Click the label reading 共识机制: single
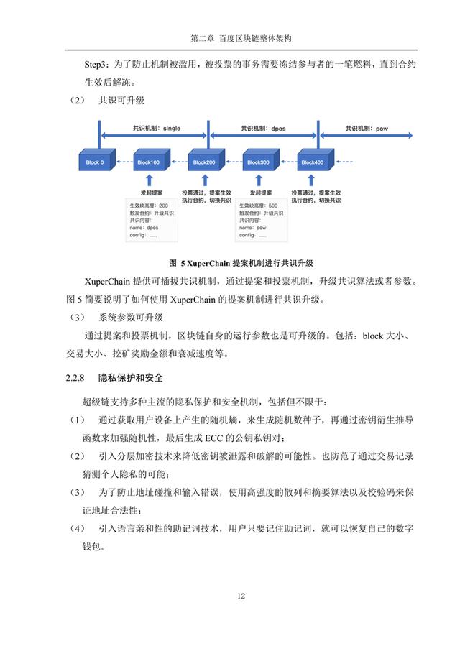(157, 129)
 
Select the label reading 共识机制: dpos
(263, 129)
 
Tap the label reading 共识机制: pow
(367, 129)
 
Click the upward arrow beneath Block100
(149, 180)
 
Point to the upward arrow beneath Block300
(259, 180)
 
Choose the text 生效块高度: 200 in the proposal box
(149, 206)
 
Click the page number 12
(241, 596)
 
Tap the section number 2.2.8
(75, 378)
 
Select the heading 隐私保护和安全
(131, 378)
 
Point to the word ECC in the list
(214, 438)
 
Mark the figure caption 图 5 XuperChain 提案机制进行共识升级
(241, 263)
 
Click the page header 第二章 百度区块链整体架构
(241, 38)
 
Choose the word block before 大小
(373, 336)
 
